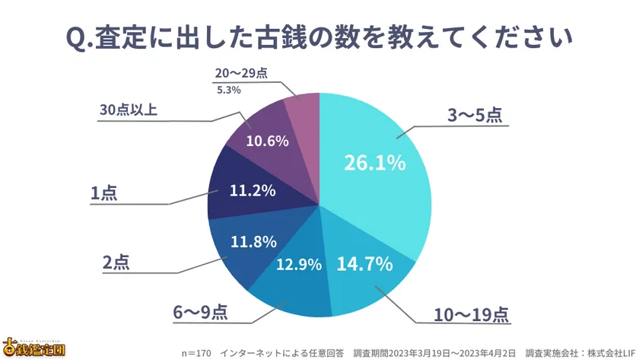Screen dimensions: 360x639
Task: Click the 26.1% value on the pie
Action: coord(374,163)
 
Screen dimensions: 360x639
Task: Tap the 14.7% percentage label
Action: coord(364,264)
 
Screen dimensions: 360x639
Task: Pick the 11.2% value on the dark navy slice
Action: coord(253,190)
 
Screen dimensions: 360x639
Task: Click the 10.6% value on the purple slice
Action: coord(267,142)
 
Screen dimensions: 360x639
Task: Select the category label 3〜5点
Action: coord(473,116)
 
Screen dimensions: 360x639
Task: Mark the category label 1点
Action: coord(105,194)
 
